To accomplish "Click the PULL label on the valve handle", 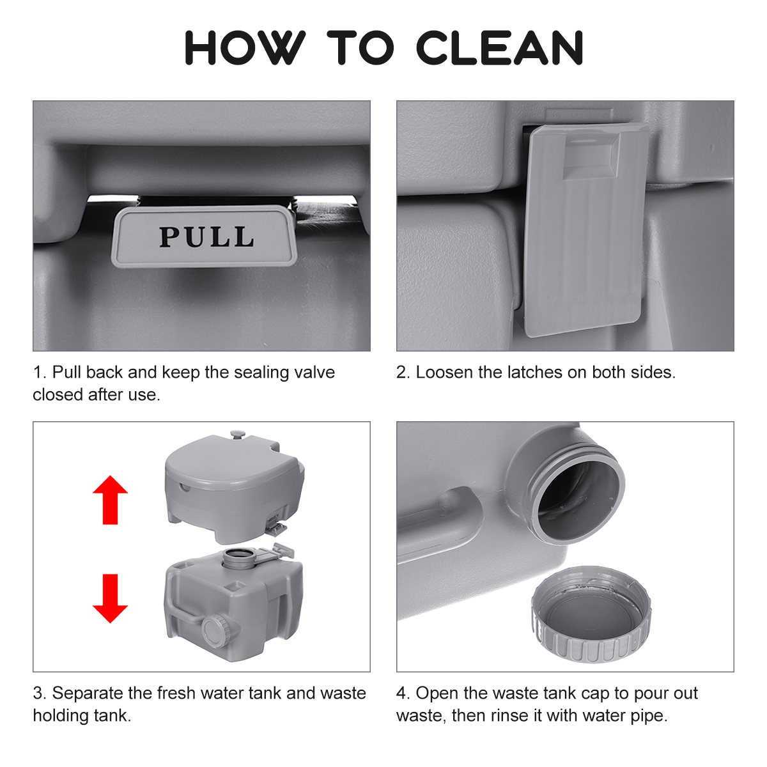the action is point(206,237).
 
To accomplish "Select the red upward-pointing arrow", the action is point(110,500).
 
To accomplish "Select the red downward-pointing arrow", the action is point(110,598).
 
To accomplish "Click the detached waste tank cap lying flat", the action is point(591,616).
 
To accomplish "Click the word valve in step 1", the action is point(313,373).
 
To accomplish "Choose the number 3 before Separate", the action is point(38,693).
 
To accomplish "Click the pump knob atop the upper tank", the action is point(237,434).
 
